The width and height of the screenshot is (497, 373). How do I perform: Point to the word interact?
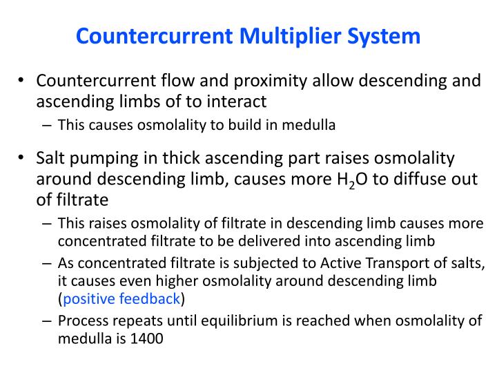point(238,102)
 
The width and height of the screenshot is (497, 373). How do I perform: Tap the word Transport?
point(385,264)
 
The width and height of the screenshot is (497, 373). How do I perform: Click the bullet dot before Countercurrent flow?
point(22,82)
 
